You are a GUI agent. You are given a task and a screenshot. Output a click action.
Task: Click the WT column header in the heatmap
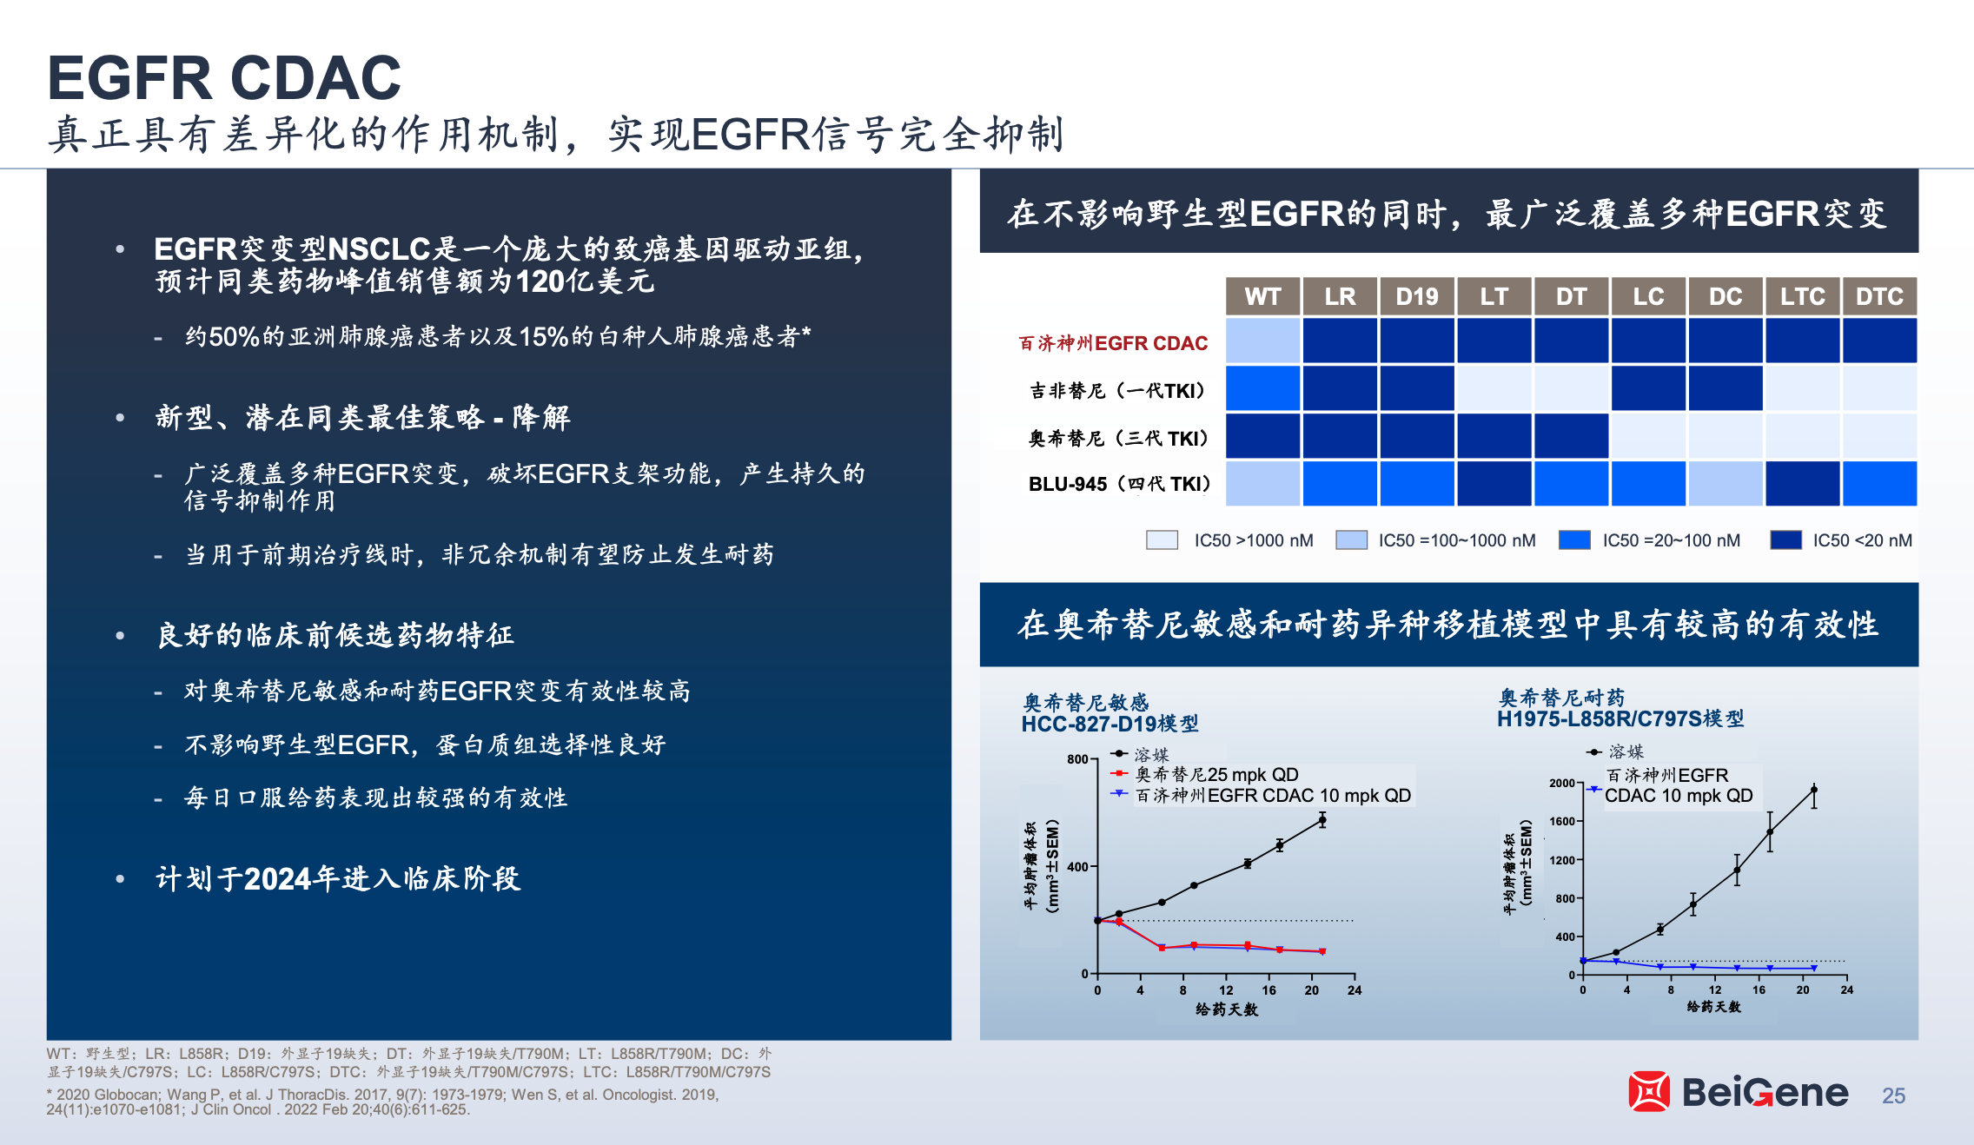point(1262,296)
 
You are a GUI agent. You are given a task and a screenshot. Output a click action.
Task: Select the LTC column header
point(1802,296)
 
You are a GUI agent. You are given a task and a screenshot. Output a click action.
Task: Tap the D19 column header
point(1417,296)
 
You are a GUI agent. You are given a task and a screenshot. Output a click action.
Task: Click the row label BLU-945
point(1068,484)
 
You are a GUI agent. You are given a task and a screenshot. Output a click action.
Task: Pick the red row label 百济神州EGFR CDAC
point(1113,343)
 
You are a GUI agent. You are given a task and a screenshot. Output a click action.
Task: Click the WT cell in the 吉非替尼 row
point(1262,387)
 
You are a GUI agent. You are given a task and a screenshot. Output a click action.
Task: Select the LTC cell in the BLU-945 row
point(1802,483)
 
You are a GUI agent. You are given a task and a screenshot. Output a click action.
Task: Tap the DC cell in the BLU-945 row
point(1726,483)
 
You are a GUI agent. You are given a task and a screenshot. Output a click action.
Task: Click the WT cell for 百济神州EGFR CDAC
point(1262,340)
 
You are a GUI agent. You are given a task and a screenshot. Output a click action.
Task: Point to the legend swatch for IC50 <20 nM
point(1786,539)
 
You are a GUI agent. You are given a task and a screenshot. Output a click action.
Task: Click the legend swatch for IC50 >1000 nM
point(1162,539)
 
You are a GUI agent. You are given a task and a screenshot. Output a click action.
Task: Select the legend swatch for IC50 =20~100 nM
point(1574,539)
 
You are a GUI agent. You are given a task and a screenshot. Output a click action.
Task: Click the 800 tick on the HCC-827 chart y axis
point(1078,759)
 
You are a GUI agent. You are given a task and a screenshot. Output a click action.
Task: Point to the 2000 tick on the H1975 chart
point(1562,783)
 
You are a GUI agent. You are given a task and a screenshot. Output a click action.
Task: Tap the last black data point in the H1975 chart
point(1814,790)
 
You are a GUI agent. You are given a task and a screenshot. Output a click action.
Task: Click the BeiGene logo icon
point(1649,1091)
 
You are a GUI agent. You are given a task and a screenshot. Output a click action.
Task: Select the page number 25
point(1894,1095)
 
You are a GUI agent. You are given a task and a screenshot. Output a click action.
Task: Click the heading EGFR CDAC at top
point(224,77)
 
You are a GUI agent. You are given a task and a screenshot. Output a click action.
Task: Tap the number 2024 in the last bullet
point(278,879)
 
